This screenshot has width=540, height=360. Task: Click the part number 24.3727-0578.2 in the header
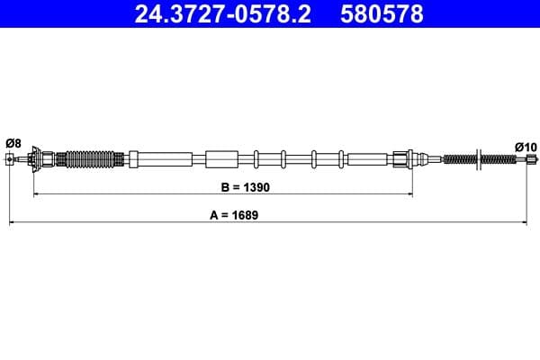pyautogui.click(x=223, y=14)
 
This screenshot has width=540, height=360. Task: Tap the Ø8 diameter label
pyautogui.click(x=13, y=142)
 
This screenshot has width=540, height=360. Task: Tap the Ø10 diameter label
pyautogui.click(x=525, y=146)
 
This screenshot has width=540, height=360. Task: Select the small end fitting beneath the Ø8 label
pyautogui.click(x=11, y=160)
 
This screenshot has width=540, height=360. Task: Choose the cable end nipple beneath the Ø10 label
pyautogui.click(x=527, y=161)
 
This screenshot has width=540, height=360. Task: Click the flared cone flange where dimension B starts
pyautogui.click(x=35, y=160)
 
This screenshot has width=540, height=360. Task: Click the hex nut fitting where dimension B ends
pyautogui.click(x=402, y=160)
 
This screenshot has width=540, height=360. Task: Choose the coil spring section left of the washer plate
pyautogui.click(x=460, y=160)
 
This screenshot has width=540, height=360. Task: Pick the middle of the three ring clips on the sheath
pyautogui.click(x=283, y=160)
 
